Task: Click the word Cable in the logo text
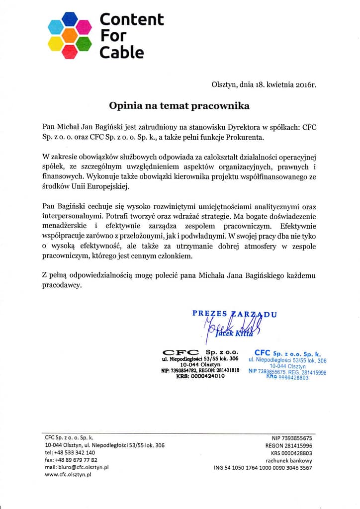point(122,52)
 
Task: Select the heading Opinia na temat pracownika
point(180,106)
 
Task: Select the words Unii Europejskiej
point(101,186)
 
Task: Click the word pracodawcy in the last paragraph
point(62,286)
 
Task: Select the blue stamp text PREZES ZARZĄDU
point(235,314)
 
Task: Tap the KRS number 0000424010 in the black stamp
point(207,376)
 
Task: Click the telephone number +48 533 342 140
point(70,453)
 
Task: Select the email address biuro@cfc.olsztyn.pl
point(77,467)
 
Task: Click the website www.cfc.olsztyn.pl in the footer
point(68,475)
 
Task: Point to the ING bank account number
point(263,468)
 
